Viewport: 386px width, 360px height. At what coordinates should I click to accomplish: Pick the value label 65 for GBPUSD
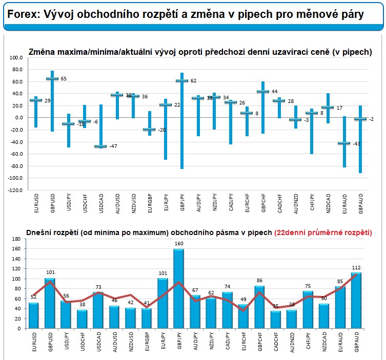64,79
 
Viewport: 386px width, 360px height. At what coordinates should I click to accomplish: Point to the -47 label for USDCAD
113,146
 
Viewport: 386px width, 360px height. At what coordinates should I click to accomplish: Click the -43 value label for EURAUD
357,144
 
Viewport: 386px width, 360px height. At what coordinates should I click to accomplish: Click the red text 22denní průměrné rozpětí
323,232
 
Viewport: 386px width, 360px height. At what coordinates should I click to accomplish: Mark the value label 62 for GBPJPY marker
194,81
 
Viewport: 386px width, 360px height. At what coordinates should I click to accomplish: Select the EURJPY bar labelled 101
163,302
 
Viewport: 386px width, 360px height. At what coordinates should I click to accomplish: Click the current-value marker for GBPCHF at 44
262,92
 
